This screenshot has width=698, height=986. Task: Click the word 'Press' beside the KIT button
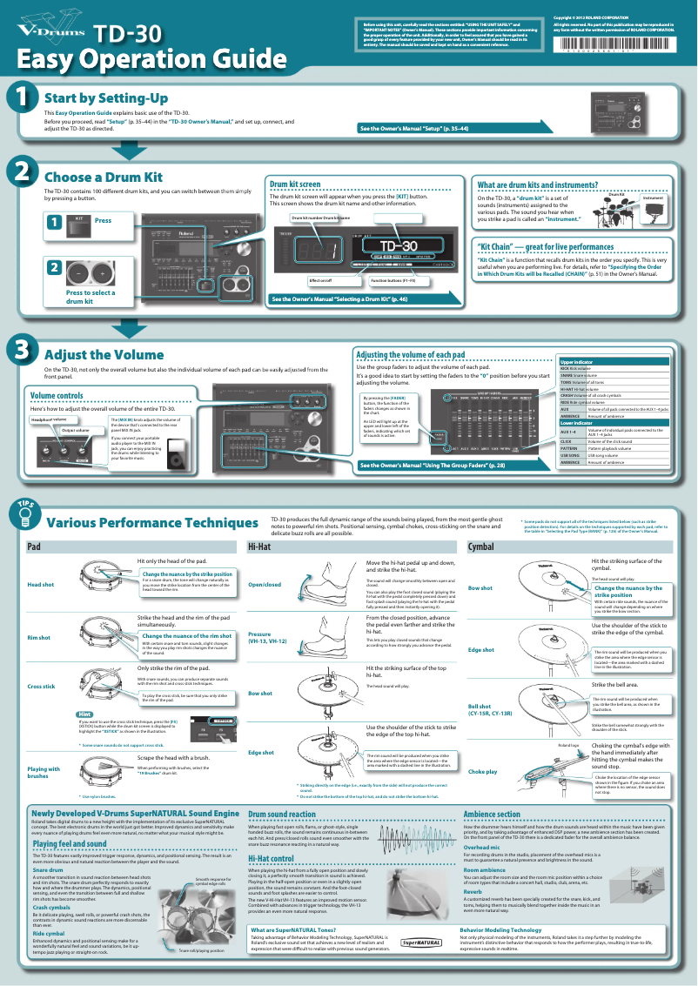(x=103, y=221)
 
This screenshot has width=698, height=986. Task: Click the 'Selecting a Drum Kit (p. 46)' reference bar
(x=339, y=298)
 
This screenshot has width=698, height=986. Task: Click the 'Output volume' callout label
(x=75, y=430)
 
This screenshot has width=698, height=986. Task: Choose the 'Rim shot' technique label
(x=40, y=638)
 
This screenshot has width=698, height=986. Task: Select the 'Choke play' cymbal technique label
(x=483, y=772)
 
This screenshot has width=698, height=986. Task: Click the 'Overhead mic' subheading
(x=482, y=845)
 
